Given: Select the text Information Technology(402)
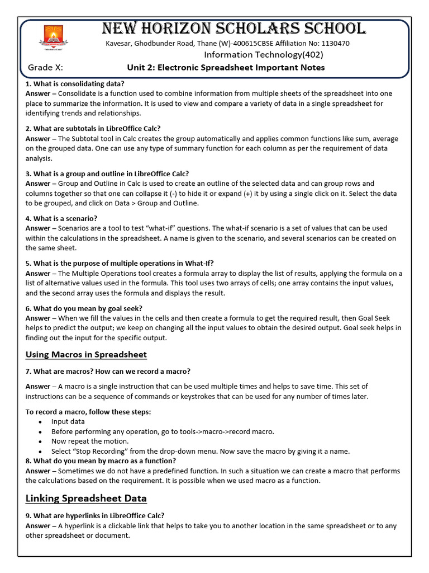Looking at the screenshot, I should [x=263, y=55].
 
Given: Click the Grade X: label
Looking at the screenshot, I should [x=45, y=68].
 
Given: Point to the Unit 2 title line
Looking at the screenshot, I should [x=226, y=68].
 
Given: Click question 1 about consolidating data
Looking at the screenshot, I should [x=75, y=84].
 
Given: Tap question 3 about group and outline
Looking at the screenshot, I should [x=107, y=173].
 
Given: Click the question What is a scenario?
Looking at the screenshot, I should [x=61, y=218].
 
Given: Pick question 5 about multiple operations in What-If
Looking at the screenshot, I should [x=120, y=264].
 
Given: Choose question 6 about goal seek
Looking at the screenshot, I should [x=84, y=308].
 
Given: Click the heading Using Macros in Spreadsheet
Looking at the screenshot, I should [x=86, y=354].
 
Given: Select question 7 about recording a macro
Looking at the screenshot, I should [x=108, y=371].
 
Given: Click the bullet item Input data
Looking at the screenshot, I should [x=68, y=421].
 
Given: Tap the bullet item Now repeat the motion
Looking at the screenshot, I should [x=83, y=441].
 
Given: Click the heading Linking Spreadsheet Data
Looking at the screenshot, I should [x=86, y=498].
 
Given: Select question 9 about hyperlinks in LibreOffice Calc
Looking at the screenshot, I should [x=95, y=516].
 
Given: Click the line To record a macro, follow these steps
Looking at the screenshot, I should [x=88, y=412].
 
